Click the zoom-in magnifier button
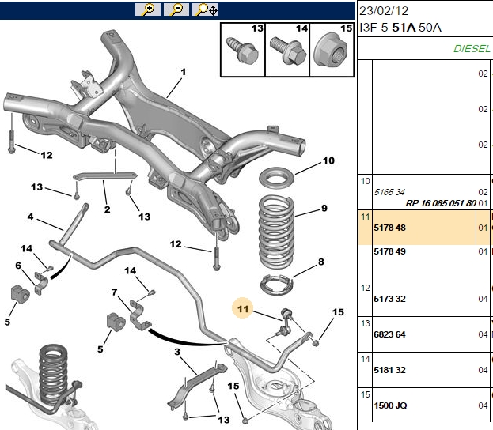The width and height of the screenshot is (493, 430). [x=148, y=9]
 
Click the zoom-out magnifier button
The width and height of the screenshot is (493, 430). [x=176, y=9]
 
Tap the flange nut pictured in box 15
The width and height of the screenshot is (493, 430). [x=330, y=50]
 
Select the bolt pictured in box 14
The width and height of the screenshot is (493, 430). [x=288, y=51]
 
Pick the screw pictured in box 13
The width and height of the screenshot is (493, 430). [x=242, y=51]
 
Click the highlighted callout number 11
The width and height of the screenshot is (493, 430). [x=243, y=309]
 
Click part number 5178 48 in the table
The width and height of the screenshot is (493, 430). [x=389, y=228]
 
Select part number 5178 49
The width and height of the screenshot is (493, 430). [x=389, y=251]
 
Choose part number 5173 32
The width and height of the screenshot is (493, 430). [x=389, y=299]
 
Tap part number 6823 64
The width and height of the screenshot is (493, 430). [x=389, y=334]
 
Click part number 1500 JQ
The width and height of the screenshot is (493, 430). [x=390, y=405]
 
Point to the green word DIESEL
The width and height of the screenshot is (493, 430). [x=472, y=49]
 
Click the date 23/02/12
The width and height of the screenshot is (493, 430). [x=384, y=11]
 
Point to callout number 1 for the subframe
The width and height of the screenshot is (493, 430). [x=184, y=72]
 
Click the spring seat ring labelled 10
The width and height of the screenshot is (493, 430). [x=276, y=178]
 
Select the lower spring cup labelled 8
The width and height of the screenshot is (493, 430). [x=277, y=285]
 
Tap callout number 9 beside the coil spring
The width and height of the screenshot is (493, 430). [x=324, y=208]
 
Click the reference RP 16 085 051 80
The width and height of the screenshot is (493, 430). [x=441, y=203]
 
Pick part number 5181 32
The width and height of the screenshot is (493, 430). [x=389, y=370]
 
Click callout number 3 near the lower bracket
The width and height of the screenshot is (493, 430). [x=177, y=352]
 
